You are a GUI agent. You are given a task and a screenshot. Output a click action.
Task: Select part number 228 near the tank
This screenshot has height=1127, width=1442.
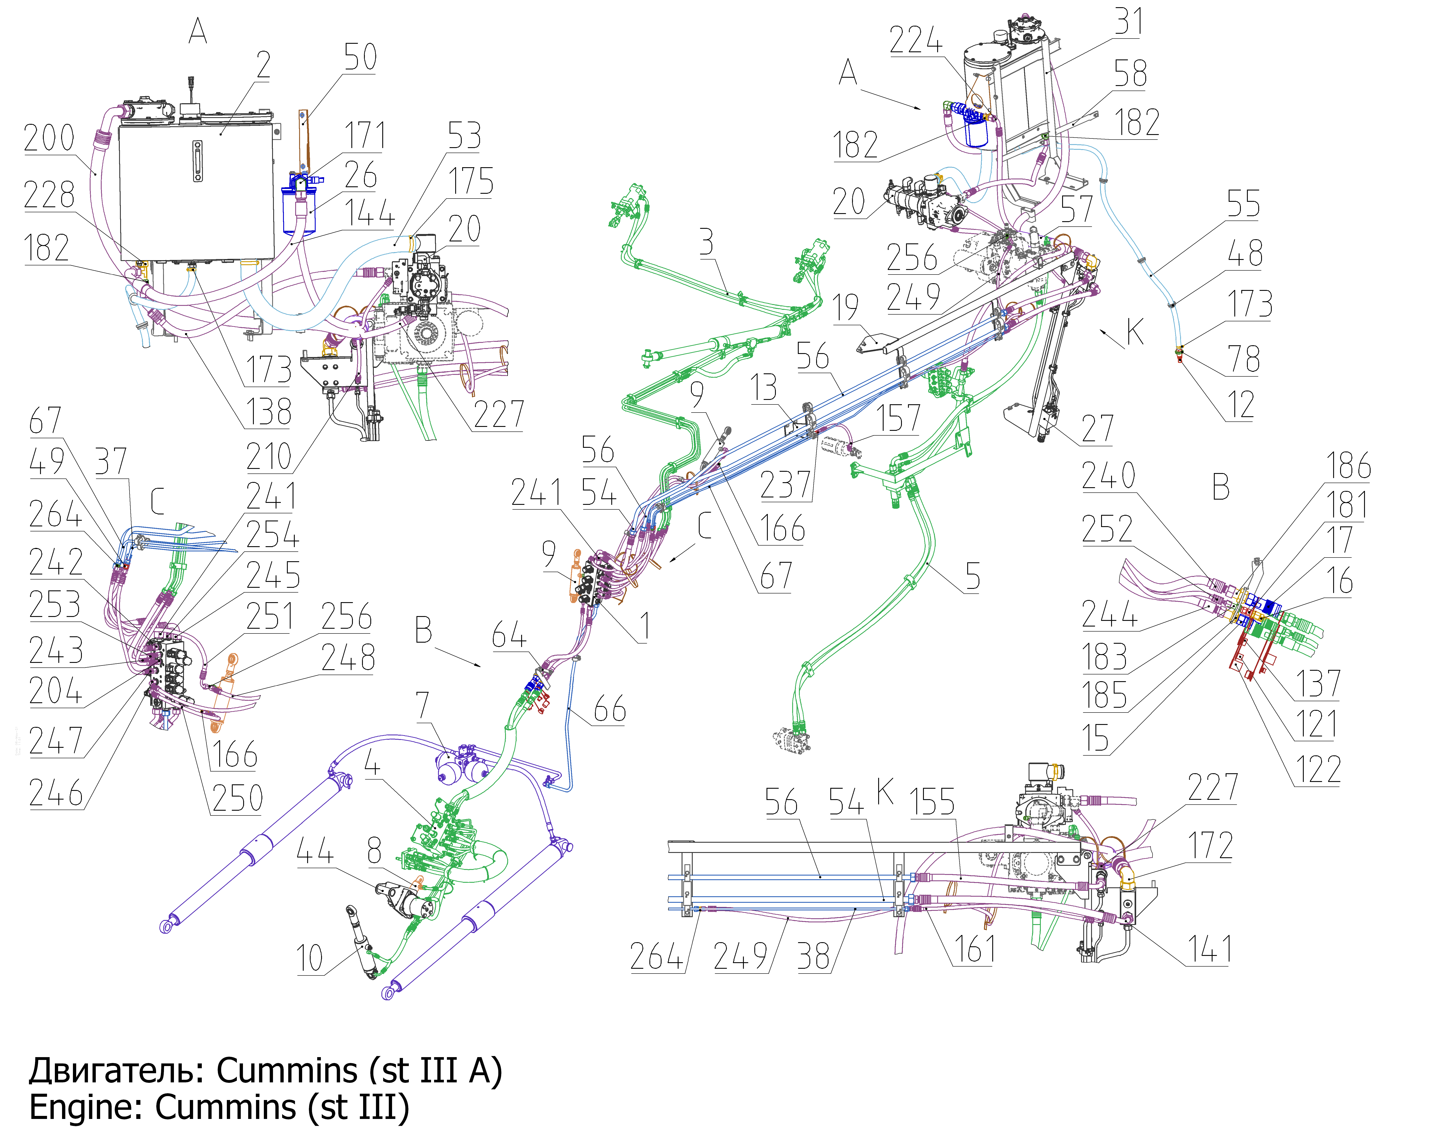pos(49,195)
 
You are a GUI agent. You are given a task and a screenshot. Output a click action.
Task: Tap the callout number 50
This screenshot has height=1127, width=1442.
pos(360,57)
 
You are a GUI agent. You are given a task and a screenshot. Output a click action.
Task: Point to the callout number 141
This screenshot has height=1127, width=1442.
pos(1210,949)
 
